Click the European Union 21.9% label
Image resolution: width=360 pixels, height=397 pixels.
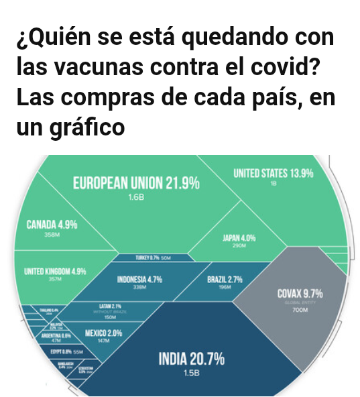tap(136, 183)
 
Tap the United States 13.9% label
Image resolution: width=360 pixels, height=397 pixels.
tap(273, 174)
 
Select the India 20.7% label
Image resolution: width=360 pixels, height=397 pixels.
tap(191, 359)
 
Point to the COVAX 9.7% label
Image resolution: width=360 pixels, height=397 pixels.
tap(300, 294)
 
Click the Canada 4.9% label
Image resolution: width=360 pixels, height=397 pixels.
tap(52, 225)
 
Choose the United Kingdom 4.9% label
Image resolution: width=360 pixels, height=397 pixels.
tap(50, 271)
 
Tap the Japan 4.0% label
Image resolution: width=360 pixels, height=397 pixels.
tap(239, 238)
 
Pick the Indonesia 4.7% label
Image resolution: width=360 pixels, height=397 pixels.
tap(139, 280)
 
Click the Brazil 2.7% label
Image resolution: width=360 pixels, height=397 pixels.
tap(225, 279)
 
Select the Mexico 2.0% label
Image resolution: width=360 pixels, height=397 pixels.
tap(104, 333)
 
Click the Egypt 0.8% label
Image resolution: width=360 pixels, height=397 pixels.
tap(60, 351)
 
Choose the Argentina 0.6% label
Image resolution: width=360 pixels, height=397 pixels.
tap(56, 335)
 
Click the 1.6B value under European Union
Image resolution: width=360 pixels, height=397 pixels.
tap(136, 198)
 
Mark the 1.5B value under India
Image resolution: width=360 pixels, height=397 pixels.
tap(191, 374)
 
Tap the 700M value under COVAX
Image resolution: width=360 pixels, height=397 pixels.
tap(300, 310)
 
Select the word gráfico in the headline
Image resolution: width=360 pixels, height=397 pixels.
tap(89, 127)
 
